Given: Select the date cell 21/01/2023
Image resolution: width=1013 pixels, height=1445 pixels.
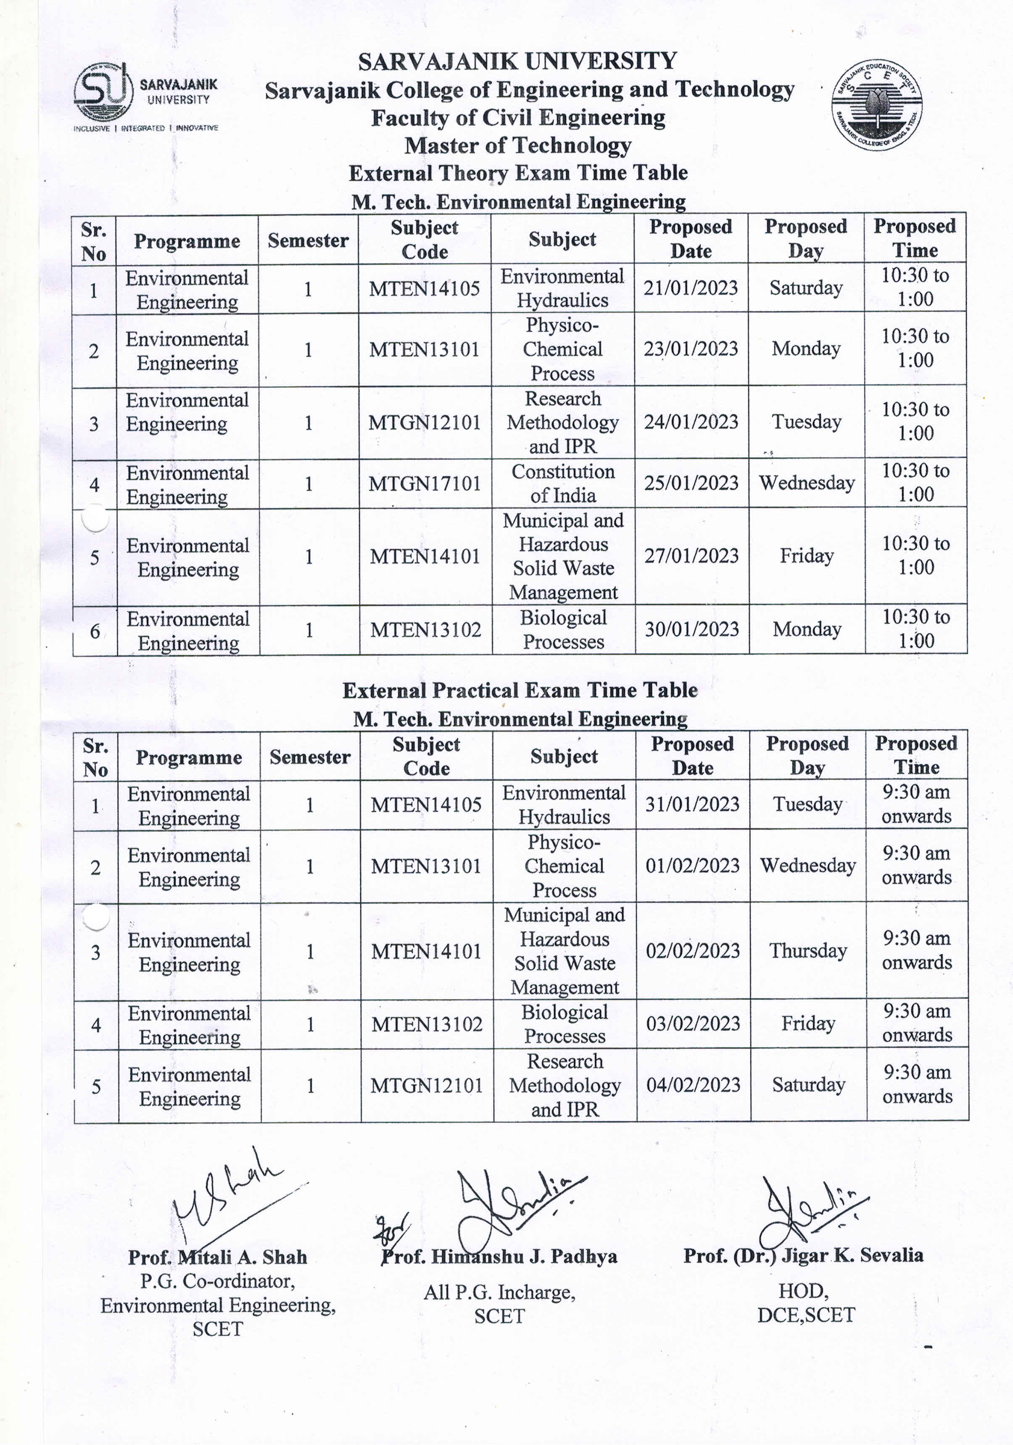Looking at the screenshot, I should tap(690, 288).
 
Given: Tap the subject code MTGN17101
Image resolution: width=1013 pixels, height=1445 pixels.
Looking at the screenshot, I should tap(425, 484).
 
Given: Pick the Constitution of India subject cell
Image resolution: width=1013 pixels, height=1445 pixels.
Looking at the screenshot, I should tap(562, 483).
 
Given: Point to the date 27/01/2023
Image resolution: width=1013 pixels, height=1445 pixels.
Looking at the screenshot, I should tap(691, 556).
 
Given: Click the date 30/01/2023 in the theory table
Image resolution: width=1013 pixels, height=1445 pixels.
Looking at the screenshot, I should tap(691, 629).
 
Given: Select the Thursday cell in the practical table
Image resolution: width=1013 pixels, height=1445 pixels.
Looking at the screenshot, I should tap(808, 951).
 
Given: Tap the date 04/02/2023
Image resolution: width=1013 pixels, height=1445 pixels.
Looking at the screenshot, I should tap(693, 1085).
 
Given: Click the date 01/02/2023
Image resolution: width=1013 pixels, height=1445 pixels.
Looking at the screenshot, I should tap(692, 866).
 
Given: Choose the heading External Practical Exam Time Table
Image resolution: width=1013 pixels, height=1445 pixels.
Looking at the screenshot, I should tap(520, 690).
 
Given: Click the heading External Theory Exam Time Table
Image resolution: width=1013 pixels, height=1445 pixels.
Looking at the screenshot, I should tap(518, 173).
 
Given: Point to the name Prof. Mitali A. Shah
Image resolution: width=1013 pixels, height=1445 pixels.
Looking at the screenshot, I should tap(217, 1257).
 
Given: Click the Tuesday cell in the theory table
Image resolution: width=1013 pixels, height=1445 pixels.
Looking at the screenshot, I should tap(806, 422).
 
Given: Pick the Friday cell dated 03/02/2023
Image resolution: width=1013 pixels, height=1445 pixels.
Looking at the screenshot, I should tap(808, 1023).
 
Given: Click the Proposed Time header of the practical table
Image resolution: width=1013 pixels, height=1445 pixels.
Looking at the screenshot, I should tap(916, 755).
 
